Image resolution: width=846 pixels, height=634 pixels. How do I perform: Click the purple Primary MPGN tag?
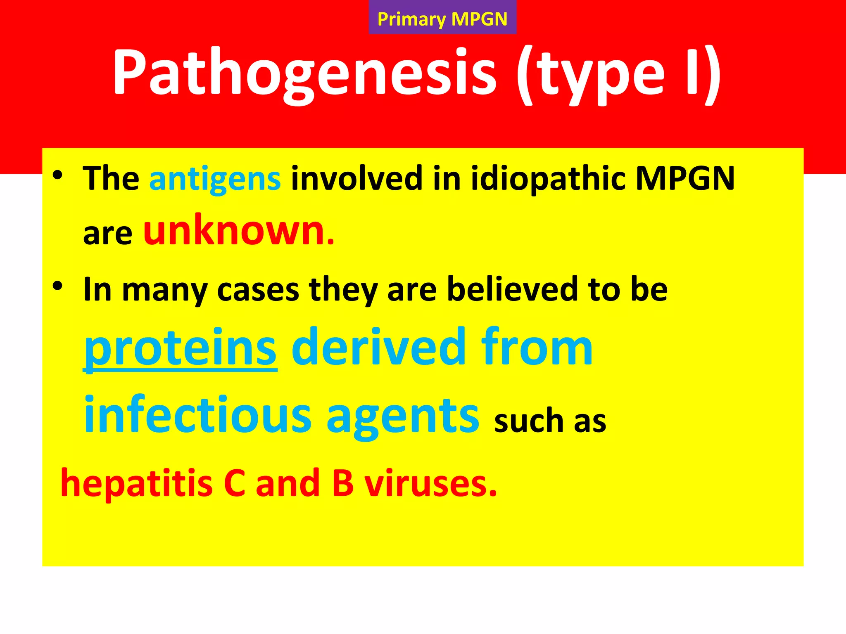click(442, 19)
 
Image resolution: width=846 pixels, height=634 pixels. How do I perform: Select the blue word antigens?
click(215, 179)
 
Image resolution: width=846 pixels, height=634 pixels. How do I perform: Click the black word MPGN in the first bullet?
click(685, 179)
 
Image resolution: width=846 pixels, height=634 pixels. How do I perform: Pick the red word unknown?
click(238, 231)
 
